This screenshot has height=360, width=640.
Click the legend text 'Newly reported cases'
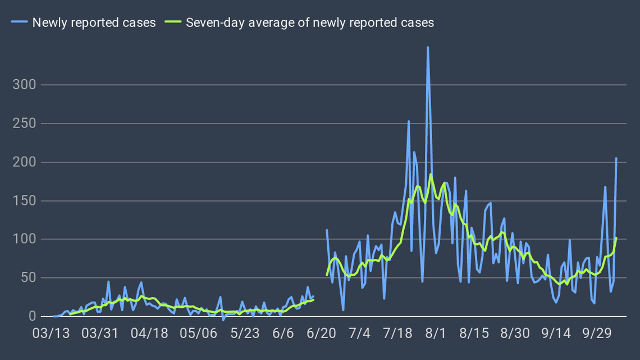coord(94,22)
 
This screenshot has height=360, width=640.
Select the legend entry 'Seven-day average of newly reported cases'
coord(310,22)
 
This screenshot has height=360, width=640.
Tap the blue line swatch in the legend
coord(20,22)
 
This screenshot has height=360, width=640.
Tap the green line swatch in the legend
coord(173,22)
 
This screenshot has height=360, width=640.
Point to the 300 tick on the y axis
coord(25,85)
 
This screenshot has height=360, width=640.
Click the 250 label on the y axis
coord(25,124)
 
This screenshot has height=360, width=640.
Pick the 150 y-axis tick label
coord(25,200)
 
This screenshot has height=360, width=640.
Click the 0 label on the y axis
coord(32,317)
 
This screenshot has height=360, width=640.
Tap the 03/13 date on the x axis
coord(51,333)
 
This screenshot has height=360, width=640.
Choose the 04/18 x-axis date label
coord(149,333)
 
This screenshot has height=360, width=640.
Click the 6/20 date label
coord(321,333)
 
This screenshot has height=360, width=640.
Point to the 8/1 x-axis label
coord(435,333)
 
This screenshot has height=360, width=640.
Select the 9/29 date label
coord(597,333)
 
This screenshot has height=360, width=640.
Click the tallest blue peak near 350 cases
coord(428,47)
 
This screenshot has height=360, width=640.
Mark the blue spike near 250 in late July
coord(409,121)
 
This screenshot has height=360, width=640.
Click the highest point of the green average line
coord(431,174)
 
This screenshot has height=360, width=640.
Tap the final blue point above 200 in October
coord(616,158)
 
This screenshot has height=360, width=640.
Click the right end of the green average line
coord(616,238)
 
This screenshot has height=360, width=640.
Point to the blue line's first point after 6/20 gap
coord(327,230)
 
